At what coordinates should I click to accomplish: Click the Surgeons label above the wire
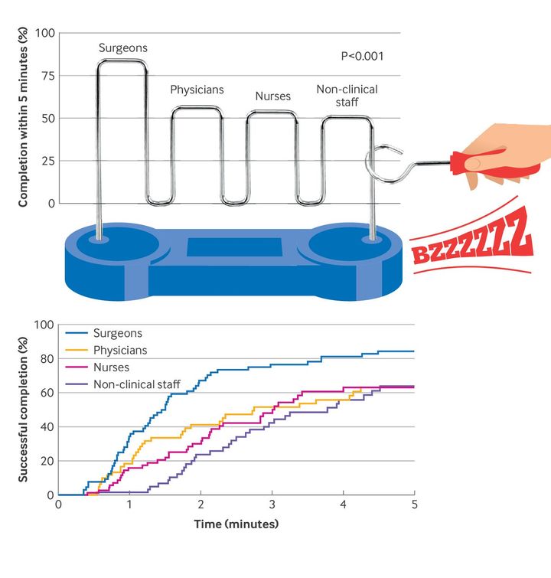[x=123, y=48]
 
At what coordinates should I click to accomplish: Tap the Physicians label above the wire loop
[x=197, y=90]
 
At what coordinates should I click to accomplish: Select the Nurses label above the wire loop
[x=273, y=96]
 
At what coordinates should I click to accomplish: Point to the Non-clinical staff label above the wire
[x=347, y=96]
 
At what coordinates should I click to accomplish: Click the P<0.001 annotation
[x=362, y=56]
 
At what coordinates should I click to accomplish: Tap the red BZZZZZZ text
[x=471, y=239]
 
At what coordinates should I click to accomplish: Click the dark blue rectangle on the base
[x=234, y=247]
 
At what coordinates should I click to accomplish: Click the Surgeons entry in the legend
[x=117, y=333]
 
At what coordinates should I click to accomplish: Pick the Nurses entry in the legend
[x=112, y=367]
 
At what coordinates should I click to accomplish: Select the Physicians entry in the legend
[x=120, y=351]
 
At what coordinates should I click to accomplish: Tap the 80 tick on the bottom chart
[x=47, y=358]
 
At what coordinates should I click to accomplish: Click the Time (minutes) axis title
[x=236, y=524]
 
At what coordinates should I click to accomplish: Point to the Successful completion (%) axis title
[x=23, y=410]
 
